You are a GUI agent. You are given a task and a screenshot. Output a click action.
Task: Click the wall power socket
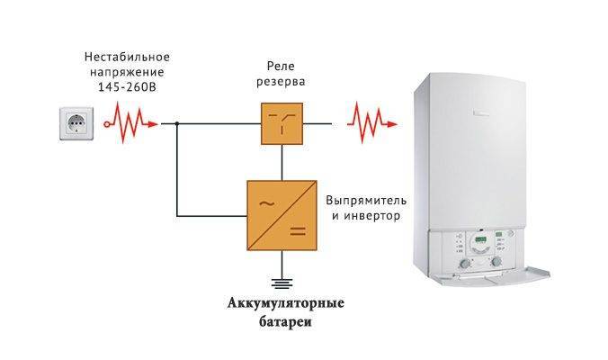coord(76,123)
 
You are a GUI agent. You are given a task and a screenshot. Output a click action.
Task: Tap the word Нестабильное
coord(127,57)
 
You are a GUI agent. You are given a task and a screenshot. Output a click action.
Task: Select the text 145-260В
coord(127,87)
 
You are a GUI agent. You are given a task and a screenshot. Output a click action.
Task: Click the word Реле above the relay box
coord(281,67)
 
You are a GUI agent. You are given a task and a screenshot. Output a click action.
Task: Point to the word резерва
coord(281,82)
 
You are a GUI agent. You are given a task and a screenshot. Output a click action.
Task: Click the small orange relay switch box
coord(282,124)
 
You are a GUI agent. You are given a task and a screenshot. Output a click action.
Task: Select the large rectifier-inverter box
coord(282,215)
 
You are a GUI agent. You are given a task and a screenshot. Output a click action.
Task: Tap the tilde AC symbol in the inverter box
coord(267,203)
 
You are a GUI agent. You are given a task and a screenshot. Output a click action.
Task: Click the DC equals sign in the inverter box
coord(298,231)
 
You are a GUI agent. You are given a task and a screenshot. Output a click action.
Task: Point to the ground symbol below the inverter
coord(282,283)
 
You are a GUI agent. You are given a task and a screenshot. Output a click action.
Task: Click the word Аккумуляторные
coord(286,302)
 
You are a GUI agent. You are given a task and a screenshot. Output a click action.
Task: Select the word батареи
coord(286,322)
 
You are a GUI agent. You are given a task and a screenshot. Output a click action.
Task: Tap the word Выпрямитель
coord(366,201)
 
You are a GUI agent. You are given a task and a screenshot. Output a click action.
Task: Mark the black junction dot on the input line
coord(177,124)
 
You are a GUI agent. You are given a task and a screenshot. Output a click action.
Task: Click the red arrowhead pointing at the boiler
coord(392,124)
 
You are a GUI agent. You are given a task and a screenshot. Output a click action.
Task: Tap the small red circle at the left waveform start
coord(107,124)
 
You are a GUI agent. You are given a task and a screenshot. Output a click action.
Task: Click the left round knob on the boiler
coord(464,264)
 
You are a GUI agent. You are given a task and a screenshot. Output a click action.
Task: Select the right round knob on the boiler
coord(496,262)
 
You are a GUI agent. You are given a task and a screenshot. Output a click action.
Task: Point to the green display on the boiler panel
coord(481,239)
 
